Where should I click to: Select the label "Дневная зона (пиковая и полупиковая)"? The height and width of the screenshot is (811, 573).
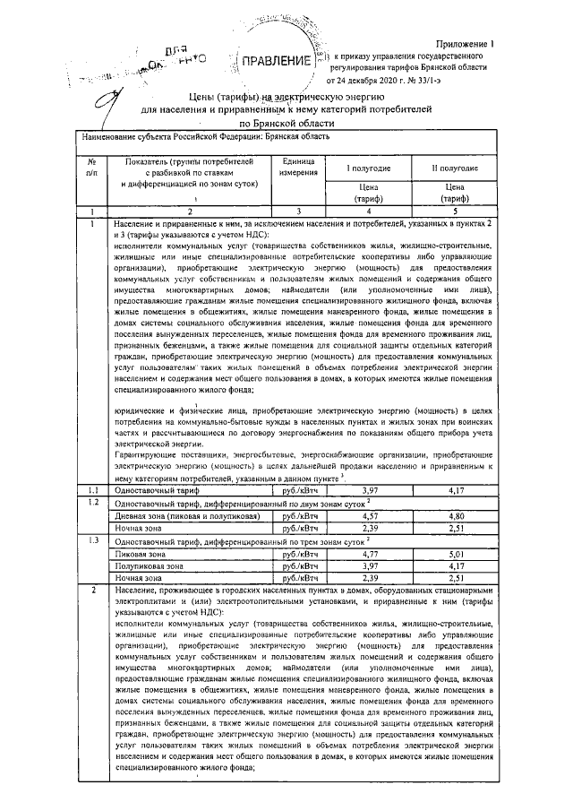click(x=184, y=516)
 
